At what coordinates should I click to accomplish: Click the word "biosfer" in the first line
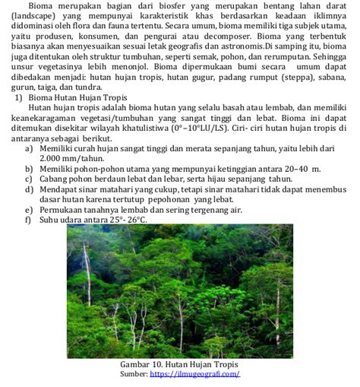(x=159, y=7)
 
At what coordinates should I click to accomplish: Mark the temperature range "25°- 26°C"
(x=128, y=220)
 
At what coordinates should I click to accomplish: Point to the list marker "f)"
(x=27, y=220)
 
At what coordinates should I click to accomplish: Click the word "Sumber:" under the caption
(x=133, y=374)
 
